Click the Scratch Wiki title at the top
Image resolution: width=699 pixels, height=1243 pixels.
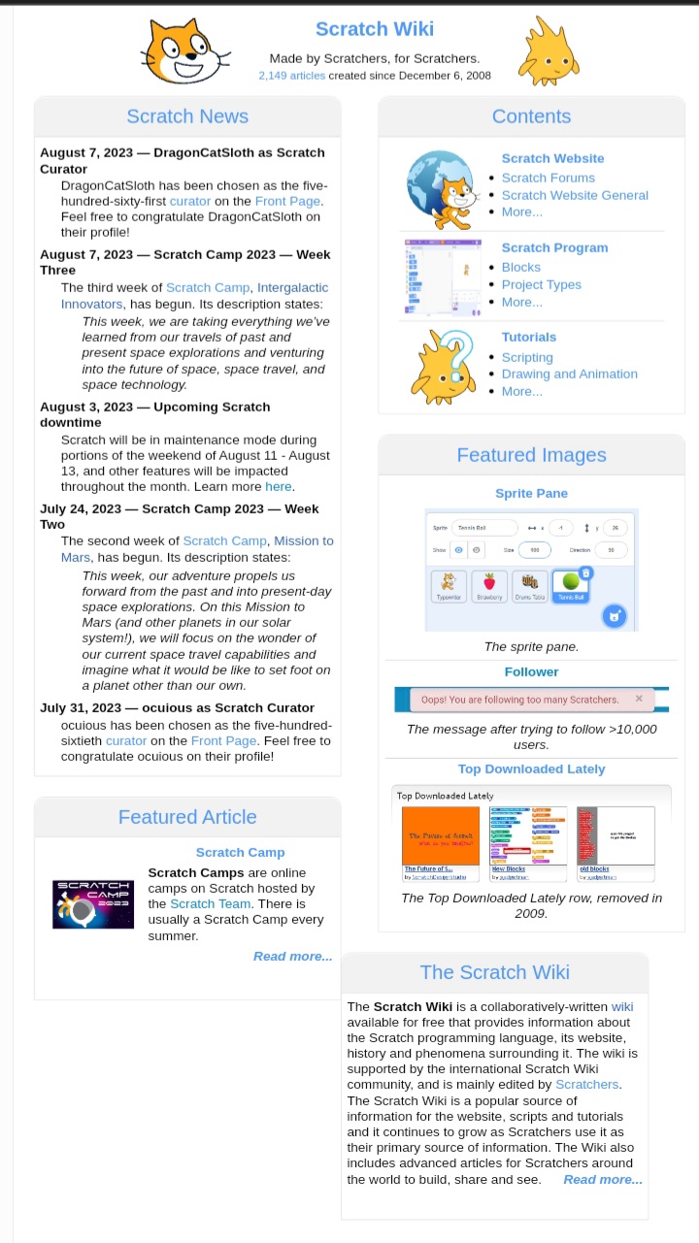pyautogui.click(x=374, y=29)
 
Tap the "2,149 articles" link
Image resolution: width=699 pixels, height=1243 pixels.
pyautogui.click(x=292, y=76)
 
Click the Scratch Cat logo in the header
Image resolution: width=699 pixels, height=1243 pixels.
pyautogui.click(x=183, y=51)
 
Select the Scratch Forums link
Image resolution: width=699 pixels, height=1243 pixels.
pyautogui.click(x=548, y=178)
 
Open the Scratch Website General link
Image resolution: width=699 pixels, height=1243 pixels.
pyautogui.click(x=574, y=195)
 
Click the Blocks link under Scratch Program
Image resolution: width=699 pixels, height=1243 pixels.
pyautogui.click(x=520, y=267)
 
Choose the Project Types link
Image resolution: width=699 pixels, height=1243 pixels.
pyautogui.click(x=541, y=284)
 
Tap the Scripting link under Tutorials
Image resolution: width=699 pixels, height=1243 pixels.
pyautogui.click(x=527, y=357)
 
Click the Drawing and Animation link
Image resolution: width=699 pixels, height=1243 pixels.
pyautogui.click(x=569, y=374)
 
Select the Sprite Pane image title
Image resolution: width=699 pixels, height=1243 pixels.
pyautogui.click(x=531, y=493)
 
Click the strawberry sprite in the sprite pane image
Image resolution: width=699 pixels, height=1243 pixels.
pyautogui.click(x=489, y=584)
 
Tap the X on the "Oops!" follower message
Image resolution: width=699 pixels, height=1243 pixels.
pyautogui.click(x=639, y=699)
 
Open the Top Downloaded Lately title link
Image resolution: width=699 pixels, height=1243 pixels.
pyautogui.click(x=531, y=769)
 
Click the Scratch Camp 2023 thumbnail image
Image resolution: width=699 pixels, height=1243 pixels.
pyautogui.click(x=93, y=903)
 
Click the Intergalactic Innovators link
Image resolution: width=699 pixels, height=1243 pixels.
pyautogui.click(x=291, y=287)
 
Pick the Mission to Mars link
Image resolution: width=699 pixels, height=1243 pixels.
pyautogui.click(x=303, y=540)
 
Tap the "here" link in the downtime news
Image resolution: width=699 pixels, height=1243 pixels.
pyautogui.click(x=278, y=486)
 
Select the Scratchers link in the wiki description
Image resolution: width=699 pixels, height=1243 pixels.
pyautogui.click(x=586, y=1084)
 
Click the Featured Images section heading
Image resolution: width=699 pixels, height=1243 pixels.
pyautogui.click(x=531, y=455)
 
